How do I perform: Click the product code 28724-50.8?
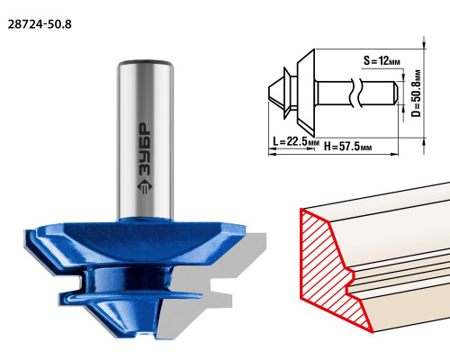(40, 24)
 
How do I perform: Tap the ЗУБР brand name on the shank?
(145, 149)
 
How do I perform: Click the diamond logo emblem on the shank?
(145, 187)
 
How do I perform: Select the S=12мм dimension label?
(382, 61)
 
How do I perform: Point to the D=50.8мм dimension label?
(416, 94)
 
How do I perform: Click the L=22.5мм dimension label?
(296, 141)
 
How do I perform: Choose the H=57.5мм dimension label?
(348, 147)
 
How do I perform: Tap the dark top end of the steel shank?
(146, 63)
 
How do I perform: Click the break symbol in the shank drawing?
(356, 93)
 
